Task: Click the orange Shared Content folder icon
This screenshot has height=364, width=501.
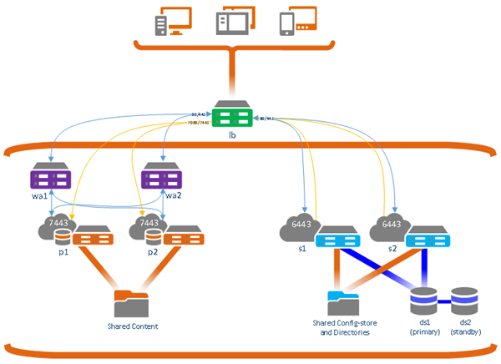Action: tap(130, 301)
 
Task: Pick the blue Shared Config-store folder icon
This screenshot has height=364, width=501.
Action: tap(342, 301)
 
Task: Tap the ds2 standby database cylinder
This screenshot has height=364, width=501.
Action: tap(464, 297)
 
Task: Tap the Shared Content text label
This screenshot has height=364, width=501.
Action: tap(131, 326)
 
